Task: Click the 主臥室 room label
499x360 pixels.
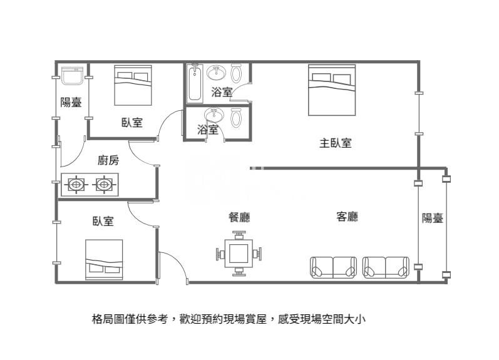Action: pos(335,143)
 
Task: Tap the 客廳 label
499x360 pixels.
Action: pos(347,217)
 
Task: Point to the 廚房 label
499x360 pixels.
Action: pos(108,160)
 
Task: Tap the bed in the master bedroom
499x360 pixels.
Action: pos(332,91)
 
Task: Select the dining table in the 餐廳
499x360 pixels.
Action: pos(239,254)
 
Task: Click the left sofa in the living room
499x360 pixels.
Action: pos(333,267)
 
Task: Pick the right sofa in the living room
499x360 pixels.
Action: pos(386,267)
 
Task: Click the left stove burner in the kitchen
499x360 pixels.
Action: pos(76,185)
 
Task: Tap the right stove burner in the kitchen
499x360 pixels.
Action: pos(103,185)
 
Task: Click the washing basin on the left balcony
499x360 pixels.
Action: pos(73,76)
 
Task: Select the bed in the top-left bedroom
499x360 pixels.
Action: pos(133,85)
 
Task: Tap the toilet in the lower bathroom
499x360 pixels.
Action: pos(236,118)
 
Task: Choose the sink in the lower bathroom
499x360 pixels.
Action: pos(214,115)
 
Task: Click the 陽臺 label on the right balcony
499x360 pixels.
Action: pos(432,218)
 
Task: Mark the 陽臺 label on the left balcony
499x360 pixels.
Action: pos(71,103)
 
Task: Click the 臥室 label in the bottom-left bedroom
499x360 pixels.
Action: pos(103,221)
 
